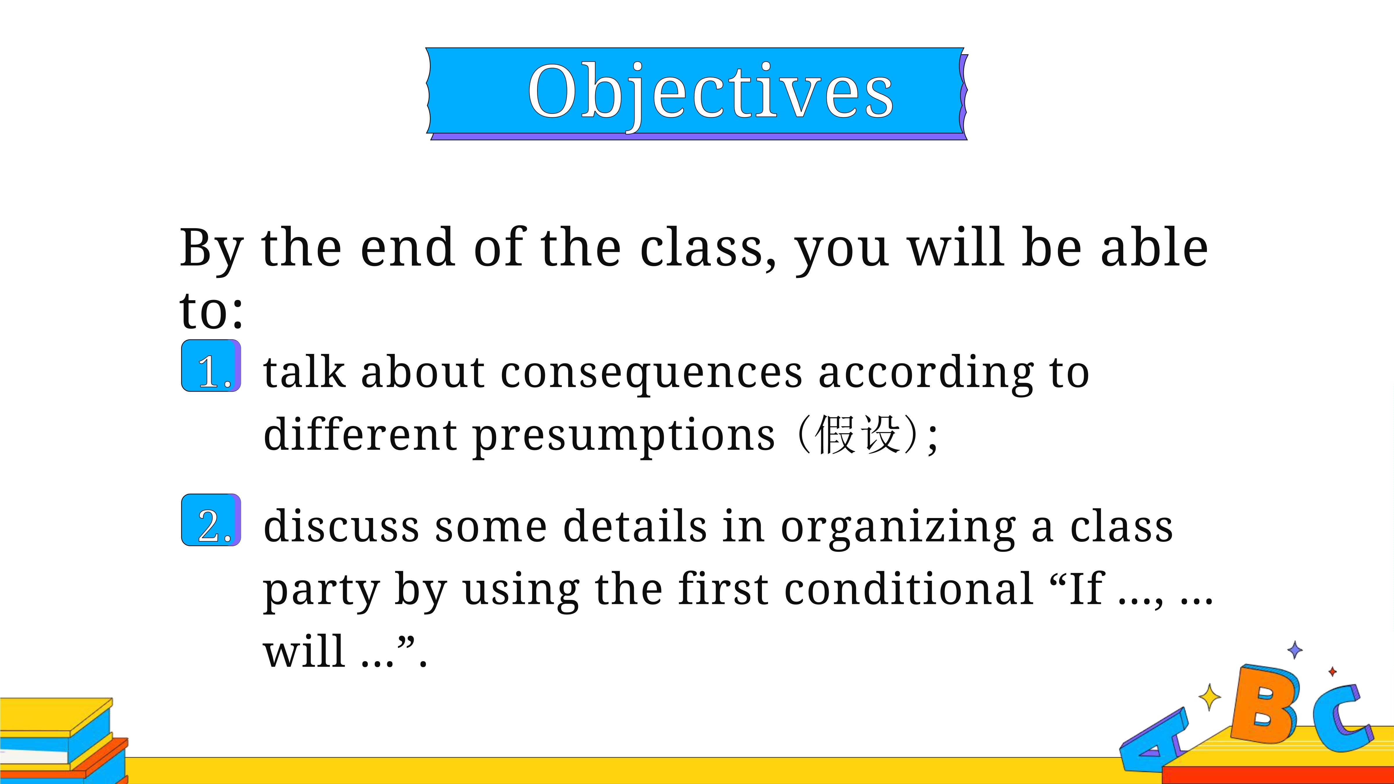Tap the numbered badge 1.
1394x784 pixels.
[x=211, y=366]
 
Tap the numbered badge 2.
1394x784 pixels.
[x=211, y=520]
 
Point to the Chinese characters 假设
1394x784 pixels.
[x=858, y=434]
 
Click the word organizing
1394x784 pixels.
[x=898, y=528]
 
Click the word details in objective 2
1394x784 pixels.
[x=635, y=526]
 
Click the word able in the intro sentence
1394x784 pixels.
[x=1154, y=247]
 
